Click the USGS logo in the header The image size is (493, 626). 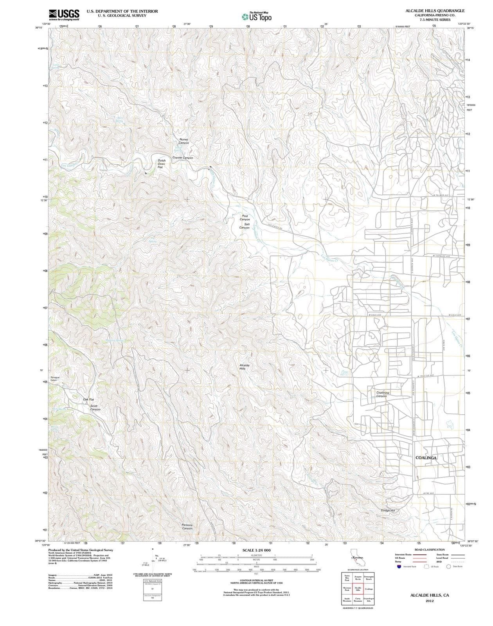(x=64, y=14)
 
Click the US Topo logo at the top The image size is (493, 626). (x=256, y=17)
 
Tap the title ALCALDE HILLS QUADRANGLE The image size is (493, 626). (x=435, y=11)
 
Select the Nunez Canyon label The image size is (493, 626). (x=184, y=141)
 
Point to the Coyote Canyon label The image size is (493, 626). (x=183, y=158)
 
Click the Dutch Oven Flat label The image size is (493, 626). (x=161, y=164)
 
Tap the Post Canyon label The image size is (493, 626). (x=245, y=218)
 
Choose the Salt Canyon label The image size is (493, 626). (x=245, y=226)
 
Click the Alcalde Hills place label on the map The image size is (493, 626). (x=245, y=367)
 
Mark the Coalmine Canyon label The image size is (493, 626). (x=383, y=394)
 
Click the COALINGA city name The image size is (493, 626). (x=426, y=458)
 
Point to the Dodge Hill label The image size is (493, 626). (x=388, y=511)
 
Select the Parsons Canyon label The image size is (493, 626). (x=187, y=527)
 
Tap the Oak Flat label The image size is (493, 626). (x=88, y=399)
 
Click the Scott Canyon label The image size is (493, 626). (x=95, y=408)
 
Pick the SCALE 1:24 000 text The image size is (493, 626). (x=256, y=550)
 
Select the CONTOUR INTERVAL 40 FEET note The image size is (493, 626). (x=256, y=581)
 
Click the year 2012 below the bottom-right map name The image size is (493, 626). (x=429, y=601)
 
